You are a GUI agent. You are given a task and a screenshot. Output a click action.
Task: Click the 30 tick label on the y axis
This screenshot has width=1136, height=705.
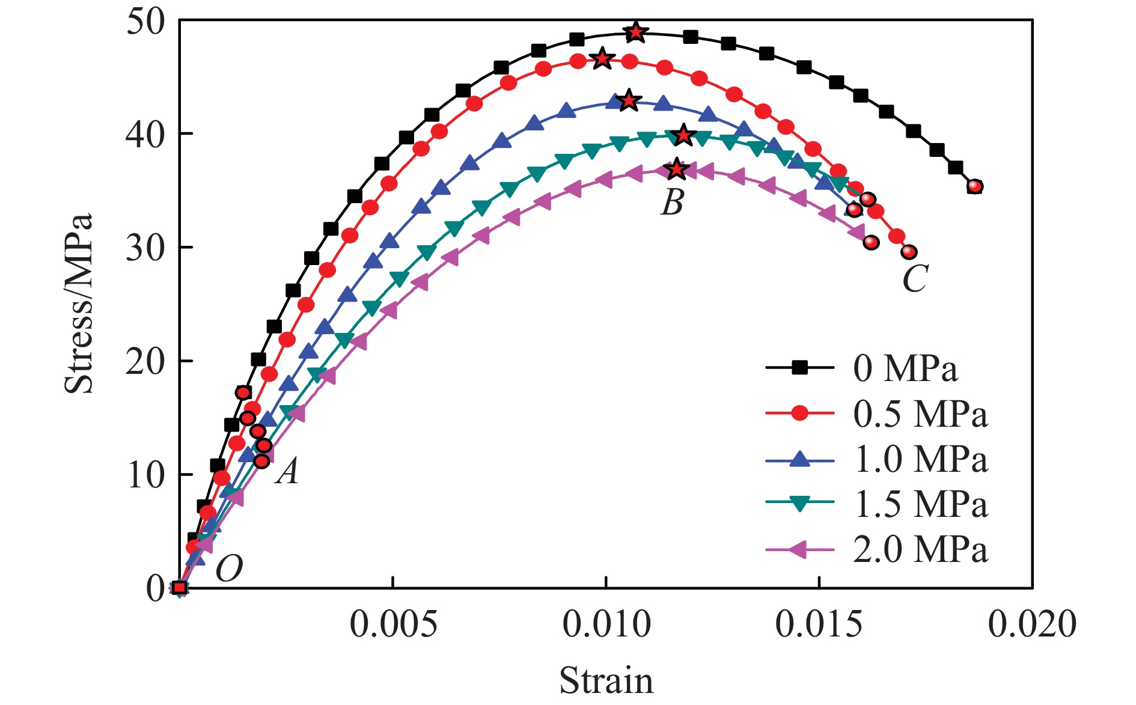pos(145,248)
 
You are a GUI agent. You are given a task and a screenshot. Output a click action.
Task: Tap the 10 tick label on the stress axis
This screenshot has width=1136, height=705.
pos(145,475)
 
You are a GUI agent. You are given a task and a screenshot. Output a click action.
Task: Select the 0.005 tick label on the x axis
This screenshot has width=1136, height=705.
pos(393,624)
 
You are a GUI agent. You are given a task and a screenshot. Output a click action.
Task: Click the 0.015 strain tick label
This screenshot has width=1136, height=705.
pos(819,624)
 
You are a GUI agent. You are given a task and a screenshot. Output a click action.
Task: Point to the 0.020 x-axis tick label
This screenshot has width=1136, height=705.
pos(1031,624)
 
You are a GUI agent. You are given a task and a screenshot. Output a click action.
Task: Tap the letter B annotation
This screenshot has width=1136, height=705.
pos(673,203)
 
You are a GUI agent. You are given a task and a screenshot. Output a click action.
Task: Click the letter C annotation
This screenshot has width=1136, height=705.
pos(915,278)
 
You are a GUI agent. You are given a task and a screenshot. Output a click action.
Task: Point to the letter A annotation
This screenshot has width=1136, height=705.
pos(287,471)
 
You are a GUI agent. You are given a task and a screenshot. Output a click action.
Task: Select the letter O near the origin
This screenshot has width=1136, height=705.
pos(229,568)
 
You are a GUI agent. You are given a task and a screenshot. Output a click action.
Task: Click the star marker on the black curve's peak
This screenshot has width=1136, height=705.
pos(636,32)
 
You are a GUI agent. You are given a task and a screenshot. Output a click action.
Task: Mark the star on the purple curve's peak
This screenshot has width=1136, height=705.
pos(677,169)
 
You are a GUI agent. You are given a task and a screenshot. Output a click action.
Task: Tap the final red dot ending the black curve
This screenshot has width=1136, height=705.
pos(975,187)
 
